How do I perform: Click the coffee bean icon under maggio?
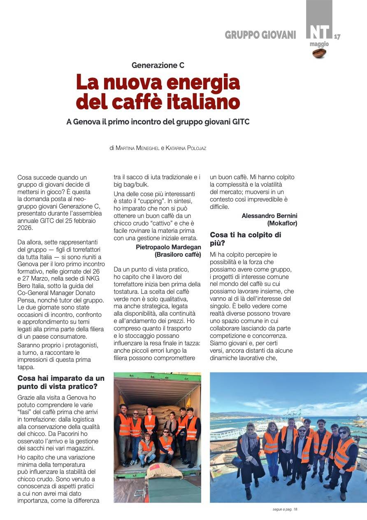coord(319,53)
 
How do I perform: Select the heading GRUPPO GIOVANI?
coord(260,35)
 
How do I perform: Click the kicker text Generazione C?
coord(158,65)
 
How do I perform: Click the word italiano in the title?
coord(197,102)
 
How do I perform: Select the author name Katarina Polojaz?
coord(186,148)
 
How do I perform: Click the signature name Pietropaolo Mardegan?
coord(168,247)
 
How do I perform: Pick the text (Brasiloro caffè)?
coord(178,255)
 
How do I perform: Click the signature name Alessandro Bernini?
coord(269,215)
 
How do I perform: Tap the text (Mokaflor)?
coord(282,223)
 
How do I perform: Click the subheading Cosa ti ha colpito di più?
coord(246,239)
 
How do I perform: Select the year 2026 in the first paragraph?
coord(25,227)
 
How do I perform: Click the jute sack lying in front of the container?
coord(164,470)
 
